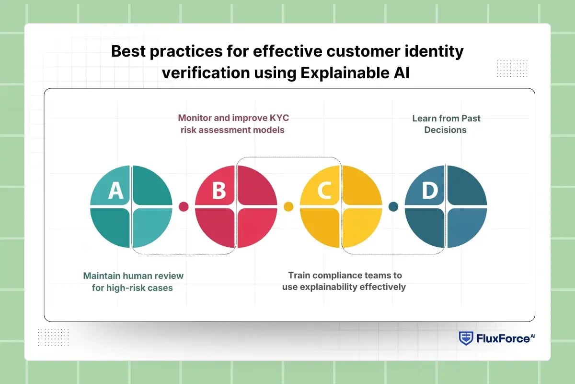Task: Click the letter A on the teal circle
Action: pyautogui.click(x=115, y=190)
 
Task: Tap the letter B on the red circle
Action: pyautogui.click(x=218, y=190)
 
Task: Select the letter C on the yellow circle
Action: pyautogui.click(x=324, y=190)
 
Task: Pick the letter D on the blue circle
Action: pyautogui.click(x=429, y=190)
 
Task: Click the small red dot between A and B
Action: pyautogui.click(x=184, y=206)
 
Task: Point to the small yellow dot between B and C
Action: pyautogui.click(x=288, y=206)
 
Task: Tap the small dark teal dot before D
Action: pyautogui.click(x=393, y=206)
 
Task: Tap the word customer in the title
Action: pyautogui.click(x=351, y=51)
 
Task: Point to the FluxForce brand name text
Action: pyautogui.click(x=503, y=339)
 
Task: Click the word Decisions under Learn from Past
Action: pyautogui.click(x=445, y=130)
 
